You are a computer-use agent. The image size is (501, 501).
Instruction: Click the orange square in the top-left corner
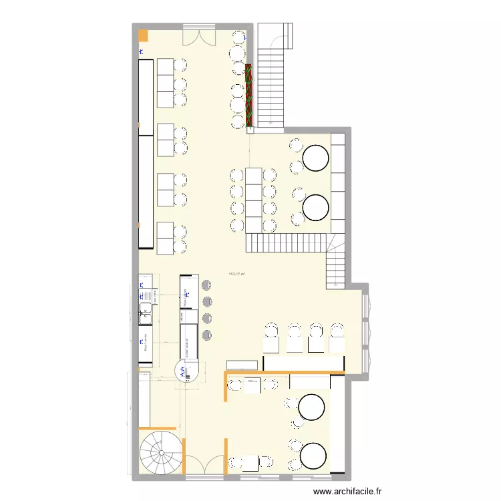142,35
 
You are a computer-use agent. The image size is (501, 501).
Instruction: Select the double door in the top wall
199,36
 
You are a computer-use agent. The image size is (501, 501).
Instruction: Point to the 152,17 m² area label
236,274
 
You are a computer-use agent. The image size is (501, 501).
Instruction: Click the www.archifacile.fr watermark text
347,492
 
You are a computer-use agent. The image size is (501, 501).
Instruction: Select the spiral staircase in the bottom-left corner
160,452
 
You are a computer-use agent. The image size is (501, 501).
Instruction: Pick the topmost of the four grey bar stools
206,286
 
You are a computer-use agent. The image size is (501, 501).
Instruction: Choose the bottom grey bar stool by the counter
206,334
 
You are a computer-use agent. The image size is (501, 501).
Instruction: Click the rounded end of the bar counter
187,369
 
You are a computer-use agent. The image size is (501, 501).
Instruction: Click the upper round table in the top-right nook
315,158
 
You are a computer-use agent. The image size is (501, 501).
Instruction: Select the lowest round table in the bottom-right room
313,456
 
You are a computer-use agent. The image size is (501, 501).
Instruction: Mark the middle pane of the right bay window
366,330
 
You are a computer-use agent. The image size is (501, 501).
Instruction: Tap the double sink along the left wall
145,309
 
